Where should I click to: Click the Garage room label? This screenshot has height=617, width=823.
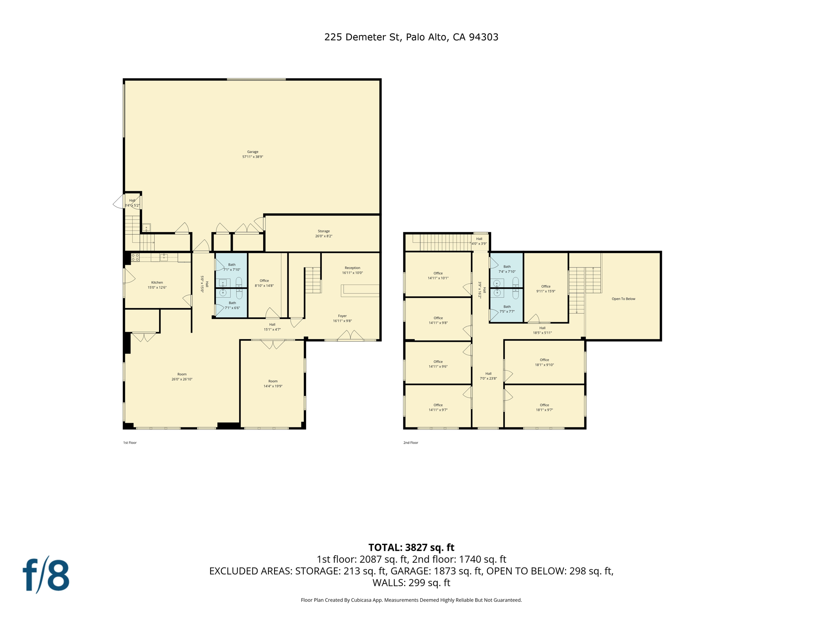253,154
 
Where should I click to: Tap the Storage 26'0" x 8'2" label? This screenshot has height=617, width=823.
323,233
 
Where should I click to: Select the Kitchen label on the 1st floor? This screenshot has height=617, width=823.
157,285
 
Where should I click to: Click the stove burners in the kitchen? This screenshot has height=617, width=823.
135,257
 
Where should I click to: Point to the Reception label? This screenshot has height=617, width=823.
352,270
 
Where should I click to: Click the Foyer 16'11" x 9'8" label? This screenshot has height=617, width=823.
342,318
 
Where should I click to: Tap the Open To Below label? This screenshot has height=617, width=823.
623,299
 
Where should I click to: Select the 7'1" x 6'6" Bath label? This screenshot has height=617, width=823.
232,305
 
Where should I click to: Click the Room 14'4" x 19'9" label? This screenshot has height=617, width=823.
273,384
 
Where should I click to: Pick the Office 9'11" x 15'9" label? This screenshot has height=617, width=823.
546,289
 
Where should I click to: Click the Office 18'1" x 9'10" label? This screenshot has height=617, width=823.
544,362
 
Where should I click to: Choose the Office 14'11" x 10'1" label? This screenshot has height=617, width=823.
438,276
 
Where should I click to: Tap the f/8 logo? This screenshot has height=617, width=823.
46,575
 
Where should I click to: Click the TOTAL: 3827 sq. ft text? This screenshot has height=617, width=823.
411,548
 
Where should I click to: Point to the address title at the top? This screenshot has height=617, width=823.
411,37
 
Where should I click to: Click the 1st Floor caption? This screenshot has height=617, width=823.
130,443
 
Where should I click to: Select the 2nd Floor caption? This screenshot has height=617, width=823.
411,443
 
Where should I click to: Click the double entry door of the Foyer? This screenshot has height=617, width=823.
350,336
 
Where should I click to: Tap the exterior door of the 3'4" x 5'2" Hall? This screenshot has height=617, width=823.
119,202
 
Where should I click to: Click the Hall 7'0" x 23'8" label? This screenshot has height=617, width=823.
488,376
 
